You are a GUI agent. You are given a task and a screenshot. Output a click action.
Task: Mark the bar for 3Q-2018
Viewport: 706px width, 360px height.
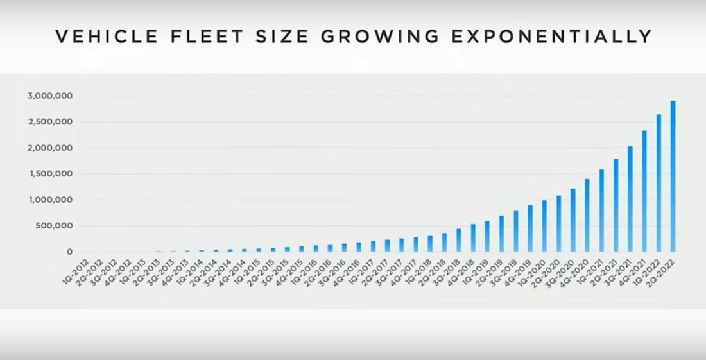click(459, 240)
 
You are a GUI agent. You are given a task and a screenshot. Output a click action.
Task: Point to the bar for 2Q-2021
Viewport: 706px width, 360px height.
click(616, 205)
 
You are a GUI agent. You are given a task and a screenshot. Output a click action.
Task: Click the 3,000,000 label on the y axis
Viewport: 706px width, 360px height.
click(49, 96)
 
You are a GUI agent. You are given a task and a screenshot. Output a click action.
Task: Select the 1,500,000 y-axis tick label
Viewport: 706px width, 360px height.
click(49, 174)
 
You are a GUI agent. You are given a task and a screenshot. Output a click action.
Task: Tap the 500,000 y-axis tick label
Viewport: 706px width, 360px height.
click(54, 226)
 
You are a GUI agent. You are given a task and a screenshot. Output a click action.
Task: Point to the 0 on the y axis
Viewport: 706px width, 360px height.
click(69, 252)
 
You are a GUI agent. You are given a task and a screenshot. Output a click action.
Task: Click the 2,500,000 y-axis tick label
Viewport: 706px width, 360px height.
click(49, 122)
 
